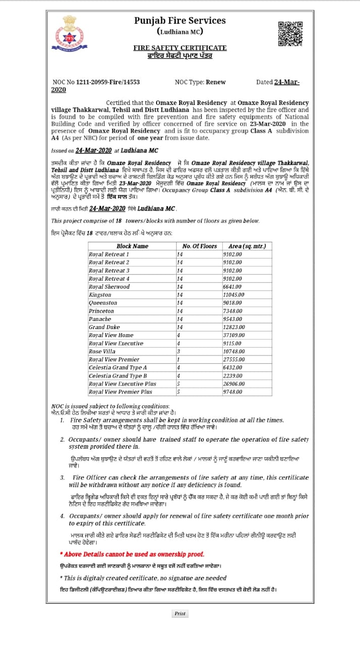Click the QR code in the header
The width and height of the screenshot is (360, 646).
[x=290, y=33]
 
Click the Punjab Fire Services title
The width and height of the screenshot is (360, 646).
[x=180, y=21]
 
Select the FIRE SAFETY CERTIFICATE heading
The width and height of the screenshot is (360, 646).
[x=180, y=47]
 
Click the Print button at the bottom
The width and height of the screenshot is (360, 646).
[x=180, y=614]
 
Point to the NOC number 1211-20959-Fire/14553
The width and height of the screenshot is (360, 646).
[x=96, y=82]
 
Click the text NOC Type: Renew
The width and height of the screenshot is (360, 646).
[x=200, y=82]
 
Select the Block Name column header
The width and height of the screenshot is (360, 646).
[x=132, y=246]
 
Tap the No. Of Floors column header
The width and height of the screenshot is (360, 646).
[x=199, y=246]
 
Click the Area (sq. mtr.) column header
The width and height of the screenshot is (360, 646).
[x=247, y=246]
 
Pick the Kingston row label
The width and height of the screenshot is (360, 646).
[x=100, y=295]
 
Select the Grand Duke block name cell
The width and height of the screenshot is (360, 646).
[x=104, y=327]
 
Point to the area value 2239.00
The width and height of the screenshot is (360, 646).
[x=232, y=375]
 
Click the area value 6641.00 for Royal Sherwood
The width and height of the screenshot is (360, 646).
[x=232, y=287]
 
